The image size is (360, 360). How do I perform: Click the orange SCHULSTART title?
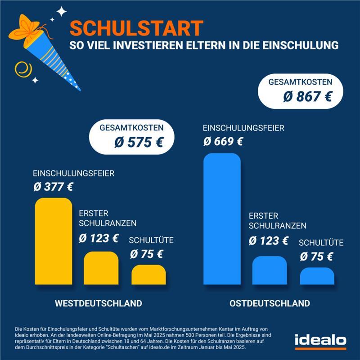point(136,28)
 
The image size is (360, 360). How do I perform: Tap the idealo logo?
point(320,341)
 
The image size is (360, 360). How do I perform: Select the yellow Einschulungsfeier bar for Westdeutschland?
point(53,241)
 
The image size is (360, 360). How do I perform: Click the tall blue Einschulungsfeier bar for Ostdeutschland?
point(222,219)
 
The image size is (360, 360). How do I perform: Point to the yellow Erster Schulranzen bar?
point(101,268)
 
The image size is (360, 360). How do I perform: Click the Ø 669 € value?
point(223,141)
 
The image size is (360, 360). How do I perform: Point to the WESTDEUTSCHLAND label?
point(98,303)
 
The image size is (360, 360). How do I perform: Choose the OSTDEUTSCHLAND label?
point(270,303)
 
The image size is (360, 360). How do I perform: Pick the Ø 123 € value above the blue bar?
point(269,240)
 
